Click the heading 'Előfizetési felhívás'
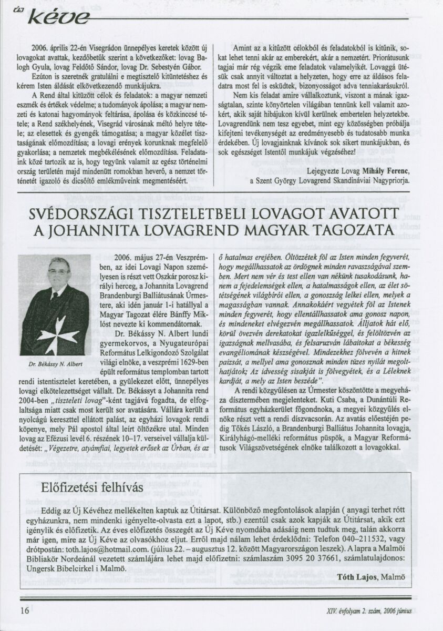point(91,488)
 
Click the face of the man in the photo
point(59,273)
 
